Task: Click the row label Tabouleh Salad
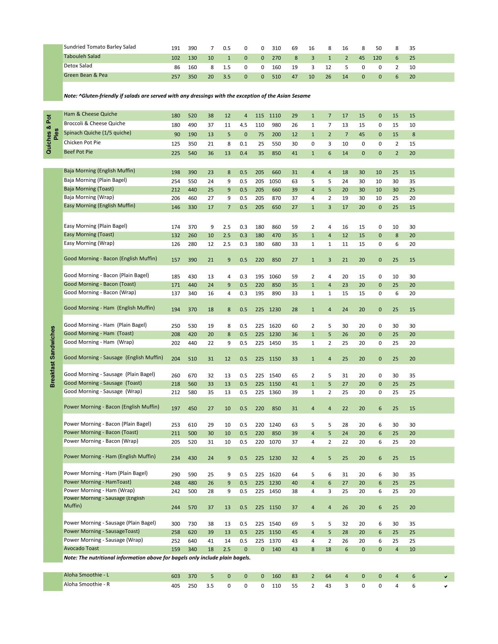coord(82,56)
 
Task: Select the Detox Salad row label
coord(78,66)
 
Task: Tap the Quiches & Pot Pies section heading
coord(52,134)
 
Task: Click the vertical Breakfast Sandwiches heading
coord(52,356)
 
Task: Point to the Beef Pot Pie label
coord(78,152)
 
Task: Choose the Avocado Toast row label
coord(81,548)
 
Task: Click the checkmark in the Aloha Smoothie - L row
coord(446,577)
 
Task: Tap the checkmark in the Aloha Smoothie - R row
coord(446,586)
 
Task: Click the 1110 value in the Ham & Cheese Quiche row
coord(275,116)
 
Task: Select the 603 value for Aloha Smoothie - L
coord(176,576)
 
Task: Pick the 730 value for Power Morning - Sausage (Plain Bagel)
coord(192,524)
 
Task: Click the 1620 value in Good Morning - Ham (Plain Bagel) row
coord(275,326)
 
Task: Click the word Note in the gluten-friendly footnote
coord(70,96)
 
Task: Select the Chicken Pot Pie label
coord(82,143)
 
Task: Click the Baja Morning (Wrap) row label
coord(89,197)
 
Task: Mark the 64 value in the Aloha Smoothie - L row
coord(328,576)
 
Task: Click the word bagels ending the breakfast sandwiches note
coord(241,558)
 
